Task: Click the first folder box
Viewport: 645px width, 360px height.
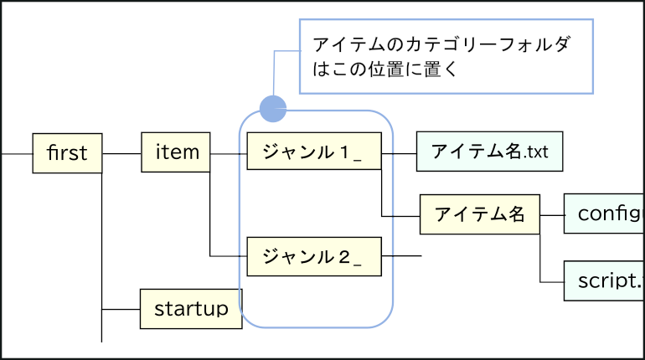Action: (x=67, y=153)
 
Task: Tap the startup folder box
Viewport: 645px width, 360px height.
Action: (x=191, y=309)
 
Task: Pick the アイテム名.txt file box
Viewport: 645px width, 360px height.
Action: (x=488, y=152)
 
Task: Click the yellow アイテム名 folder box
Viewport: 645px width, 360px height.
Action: (x=480, y=215)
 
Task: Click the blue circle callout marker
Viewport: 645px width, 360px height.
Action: (x=273, y=108)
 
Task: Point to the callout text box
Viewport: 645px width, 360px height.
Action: (x=446, y=55)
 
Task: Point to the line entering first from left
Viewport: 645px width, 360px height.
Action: (x=17, y=154)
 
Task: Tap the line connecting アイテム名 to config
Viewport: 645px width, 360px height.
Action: (x=552, y=215)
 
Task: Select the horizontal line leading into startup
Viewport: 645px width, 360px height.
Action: (x=121, y=309)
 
